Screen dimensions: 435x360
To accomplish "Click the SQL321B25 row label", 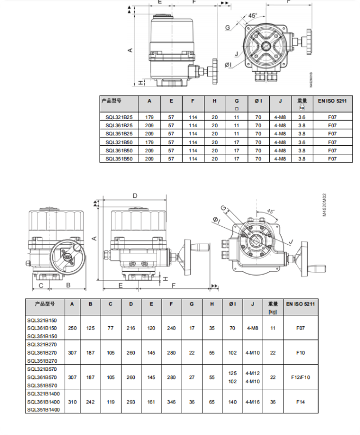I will [x=119, y=117].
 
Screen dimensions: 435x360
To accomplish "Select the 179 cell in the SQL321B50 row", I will [x=150, y=142].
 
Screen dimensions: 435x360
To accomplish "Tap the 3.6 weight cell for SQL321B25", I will [x=302, y=117].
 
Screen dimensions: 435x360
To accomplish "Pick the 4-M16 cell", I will [x=253, y=402].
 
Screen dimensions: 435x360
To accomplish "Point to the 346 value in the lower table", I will [x=172, y=402].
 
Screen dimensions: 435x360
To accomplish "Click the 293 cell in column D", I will [x=131, y=402].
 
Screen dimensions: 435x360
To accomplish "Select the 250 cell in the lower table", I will [x=72, y=328].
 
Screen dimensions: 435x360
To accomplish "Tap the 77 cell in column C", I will [x=111, y=328].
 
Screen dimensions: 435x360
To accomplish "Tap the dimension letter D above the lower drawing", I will [x=135, y=196].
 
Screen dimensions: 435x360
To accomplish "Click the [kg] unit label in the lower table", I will [x=273, y=312].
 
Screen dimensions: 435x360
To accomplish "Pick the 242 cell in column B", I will [x=91, y=402].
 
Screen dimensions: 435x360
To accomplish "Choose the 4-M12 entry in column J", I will [x=253, y=373].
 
